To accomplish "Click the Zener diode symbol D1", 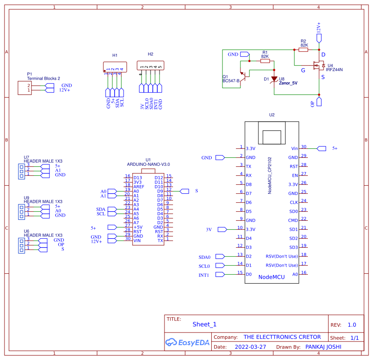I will point(274,79).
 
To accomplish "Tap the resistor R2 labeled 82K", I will point(304,50).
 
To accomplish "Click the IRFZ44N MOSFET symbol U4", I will point(319,66).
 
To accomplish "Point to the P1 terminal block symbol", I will point(24,88).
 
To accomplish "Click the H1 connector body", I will point(115,66).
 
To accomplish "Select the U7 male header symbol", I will point(21,170).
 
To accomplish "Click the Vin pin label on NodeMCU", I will point(294,148).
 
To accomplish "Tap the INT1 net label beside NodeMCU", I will point(204,275).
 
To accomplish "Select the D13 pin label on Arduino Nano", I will point(137,178).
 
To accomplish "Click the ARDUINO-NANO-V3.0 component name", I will point(148,164).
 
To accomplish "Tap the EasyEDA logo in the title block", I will point(187,342).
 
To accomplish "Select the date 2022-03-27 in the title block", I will point(250,347).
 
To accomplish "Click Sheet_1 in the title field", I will point(204,324).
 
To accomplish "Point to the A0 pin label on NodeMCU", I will point(295,274).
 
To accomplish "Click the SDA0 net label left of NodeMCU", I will point(204,257).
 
